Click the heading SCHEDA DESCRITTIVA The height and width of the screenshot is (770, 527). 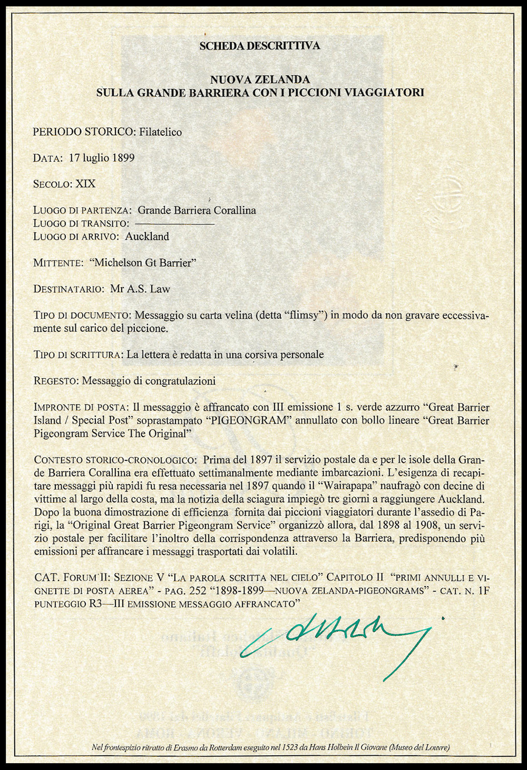point(260,46)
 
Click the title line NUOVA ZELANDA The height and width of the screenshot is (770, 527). point(260,80)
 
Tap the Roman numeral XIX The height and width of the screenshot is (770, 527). point(86,184)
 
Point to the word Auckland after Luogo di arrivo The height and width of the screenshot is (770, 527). point(147,236)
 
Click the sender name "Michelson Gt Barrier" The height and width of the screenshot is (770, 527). point(142,263)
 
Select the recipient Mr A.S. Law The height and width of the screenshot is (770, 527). point(140,289)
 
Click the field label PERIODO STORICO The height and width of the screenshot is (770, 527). point(82,132)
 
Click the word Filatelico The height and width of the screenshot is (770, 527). point(160,132)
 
